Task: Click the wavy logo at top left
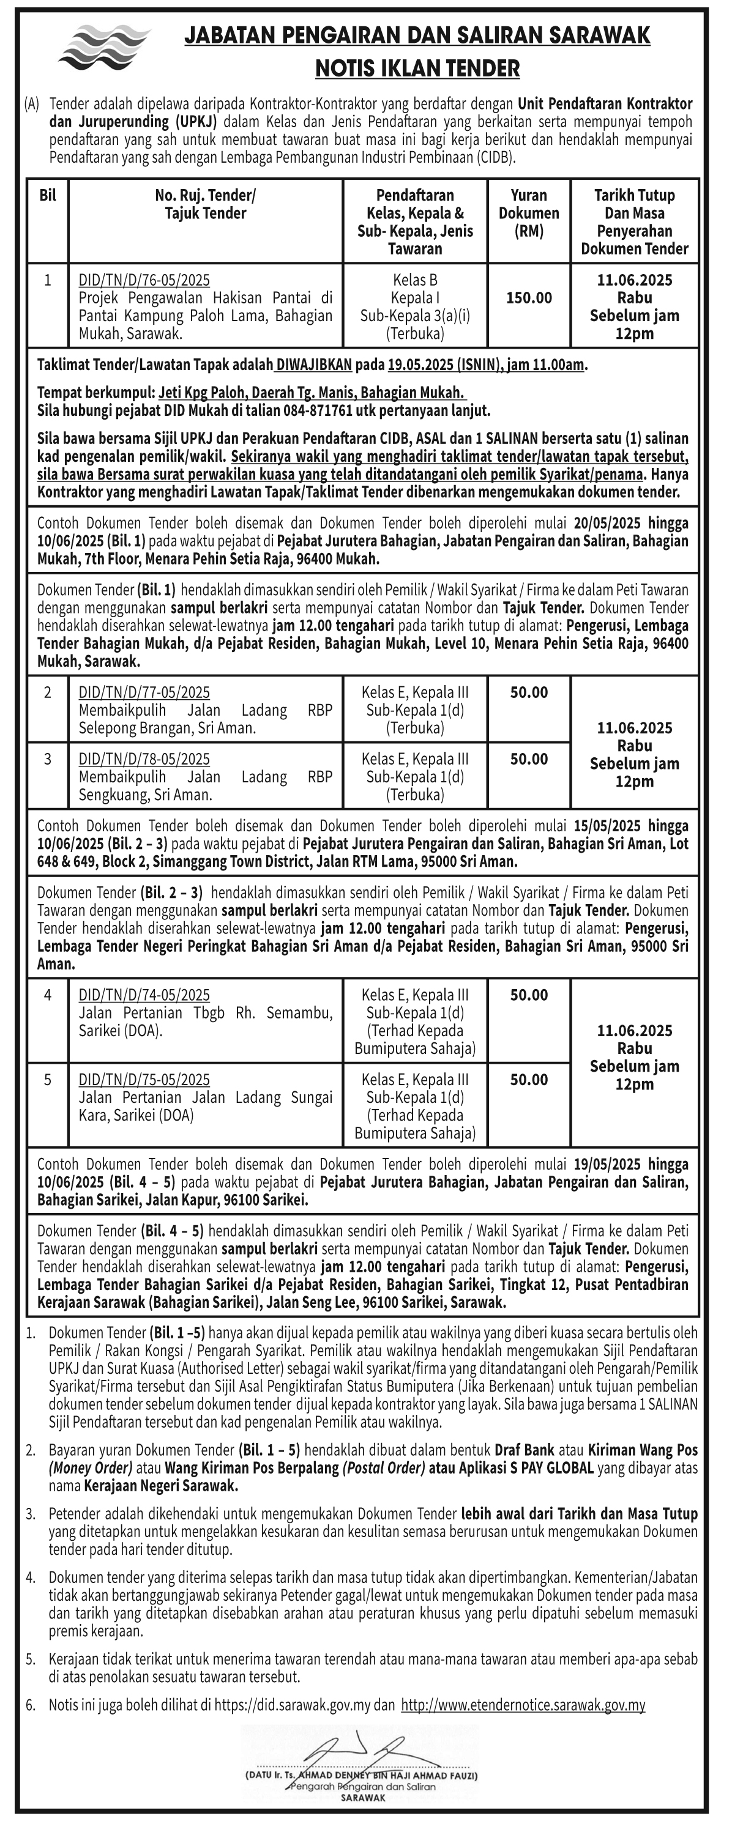[104, 46]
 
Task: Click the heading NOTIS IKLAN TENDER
[417, 69]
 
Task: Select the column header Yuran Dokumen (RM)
[528, 213]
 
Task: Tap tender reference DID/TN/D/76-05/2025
[144, 280]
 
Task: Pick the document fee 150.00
[528, 298]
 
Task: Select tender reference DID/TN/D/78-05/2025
[144, 758]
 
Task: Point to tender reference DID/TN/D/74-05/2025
[144, 995]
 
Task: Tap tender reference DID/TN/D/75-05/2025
[144, 1080]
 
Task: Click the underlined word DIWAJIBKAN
[314, 365]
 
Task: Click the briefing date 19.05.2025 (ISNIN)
[440, 365]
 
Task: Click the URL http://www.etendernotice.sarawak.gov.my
[523, 1705]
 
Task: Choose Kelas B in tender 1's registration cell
[414, 280]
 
